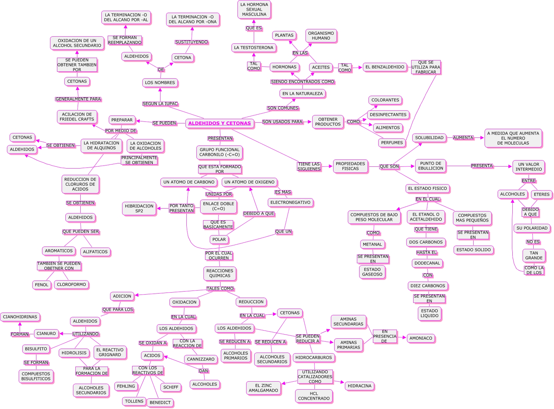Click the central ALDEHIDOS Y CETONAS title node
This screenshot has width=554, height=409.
[219, 123]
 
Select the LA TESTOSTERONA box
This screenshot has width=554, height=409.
[253, 48]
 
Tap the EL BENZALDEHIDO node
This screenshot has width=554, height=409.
[385, 67]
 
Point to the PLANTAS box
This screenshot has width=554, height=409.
[284, 35]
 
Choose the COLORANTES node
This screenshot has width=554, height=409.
[385, 100]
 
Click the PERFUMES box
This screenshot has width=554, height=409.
[392, 143]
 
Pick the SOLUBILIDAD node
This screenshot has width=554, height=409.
[429, 138]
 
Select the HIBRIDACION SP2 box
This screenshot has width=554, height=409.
[139, 209]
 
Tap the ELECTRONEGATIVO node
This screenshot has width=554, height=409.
[290, 202]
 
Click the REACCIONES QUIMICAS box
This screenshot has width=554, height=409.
[220, 273]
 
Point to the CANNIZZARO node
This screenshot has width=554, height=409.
[200, 359]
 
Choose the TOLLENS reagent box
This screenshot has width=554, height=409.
[134, 401]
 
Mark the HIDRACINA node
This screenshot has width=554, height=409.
[359, 386]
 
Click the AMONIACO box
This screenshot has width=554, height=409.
[421, 338]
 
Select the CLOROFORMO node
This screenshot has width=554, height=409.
[71, 285]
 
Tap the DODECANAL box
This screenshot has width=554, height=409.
[427, 263]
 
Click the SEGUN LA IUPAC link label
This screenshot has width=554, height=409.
[160, 104]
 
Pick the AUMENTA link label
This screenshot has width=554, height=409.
[463, 138]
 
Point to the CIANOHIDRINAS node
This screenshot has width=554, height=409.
[20, 317]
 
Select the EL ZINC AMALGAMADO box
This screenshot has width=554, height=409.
[263, 388]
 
